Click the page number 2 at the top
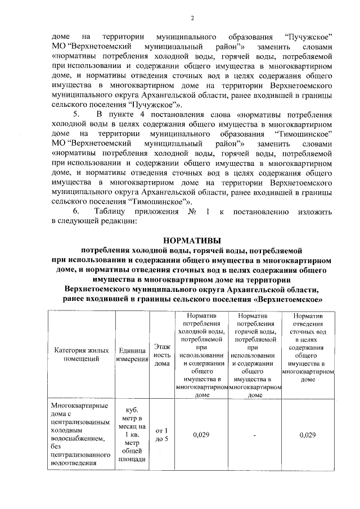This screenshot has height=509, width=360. click(x=192, y=18)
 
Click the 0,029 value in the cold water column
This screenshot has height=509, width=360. click(x=201, y=435)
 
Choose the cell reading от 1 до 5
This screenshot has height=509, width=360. click(x=162, y=435)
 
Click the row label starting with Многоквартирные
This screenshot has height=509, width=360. click(x=79, y=434)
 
